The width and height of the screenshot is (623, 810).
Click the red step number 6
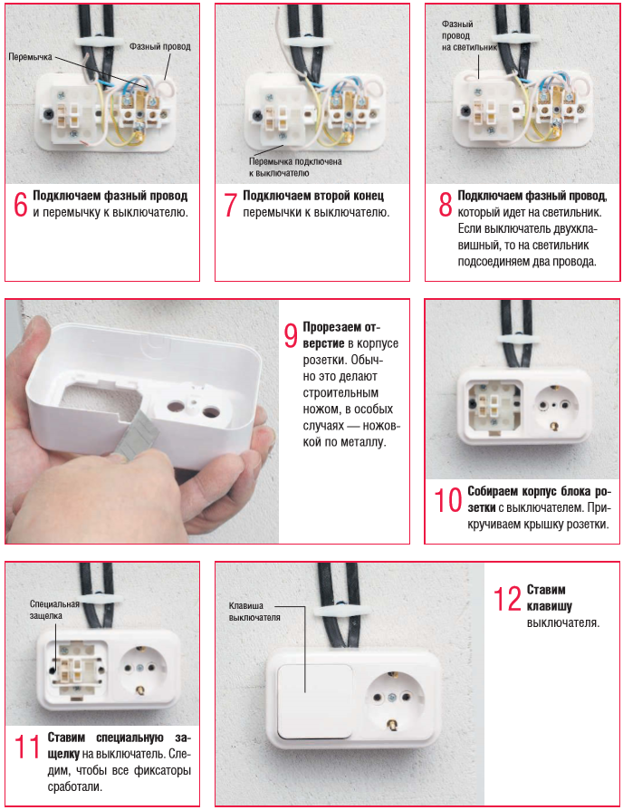(21, 205)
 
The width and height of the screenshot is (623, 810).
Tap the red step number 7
(230, 205)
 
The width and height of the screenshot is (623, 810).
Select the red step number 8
(445, 205)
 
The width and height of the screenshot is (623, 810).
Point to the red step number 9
(291, 336)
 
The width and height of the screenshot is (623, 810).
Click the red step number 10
(447, 500)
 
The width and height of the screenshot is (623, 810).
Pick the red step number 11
(27, 747)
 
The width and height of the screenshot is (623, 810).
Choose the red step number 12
(507, 599)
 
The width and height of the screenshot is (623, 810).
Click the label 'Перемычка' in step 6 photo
(31, 57)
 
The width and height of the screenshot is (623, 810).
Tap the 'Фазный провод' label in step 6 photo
(160, 46)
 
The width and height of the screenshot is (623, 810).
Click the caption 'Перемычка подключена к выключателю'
(295, 167)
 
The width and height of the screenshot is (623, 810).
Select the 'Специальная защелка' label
(53, 610)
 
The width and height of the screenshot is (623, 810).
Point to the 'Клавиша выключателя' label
(254, 611)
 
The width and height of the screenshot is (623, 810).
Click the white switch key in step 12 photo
(315, 701)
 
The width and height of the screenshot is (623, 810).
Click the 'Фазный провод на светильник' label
(469, 35)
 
